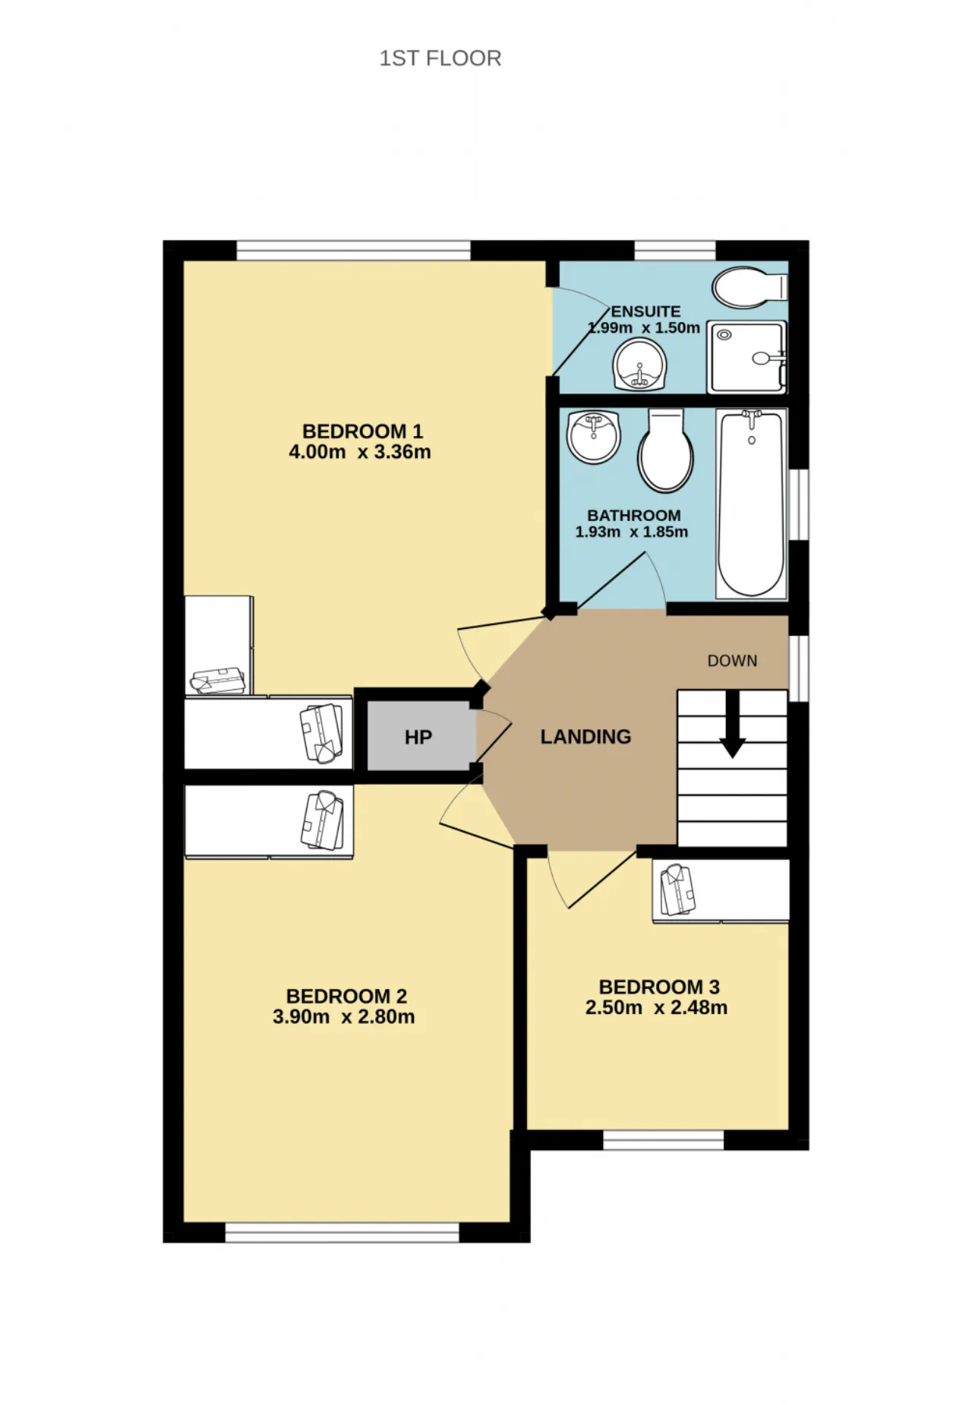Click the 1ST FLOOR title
(x=440, y=58)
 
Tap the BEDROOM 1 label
(x=362, y=431)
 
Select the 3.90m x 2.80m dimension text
(x=344, y=1017)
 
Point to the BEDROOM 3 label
(x=659, y=987)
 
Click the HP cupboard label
(x=418, y=738)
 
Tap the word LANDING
(x=585, y=737)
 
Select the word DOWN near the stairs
(x=733, y=661)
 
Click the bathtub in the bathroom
(x=751, y=504)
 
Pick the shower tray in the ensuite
(x=747, y=357)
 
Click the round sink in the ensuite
(x=639, y=365)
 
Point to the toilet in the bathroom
(x=666, y=450)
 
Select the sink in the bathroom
(x=594, y=436)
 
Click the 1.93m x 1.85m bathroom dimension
(x=632, y=532)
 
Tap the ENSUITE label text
(x=645, y=311)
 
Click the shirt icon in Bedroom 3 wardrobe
(x=677, y=889)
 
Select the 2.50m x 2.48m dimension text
(x=656, y=1008)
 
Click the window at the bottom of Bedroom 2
(x=342, y=1233)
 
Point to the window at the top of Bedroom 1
(x=354, y=251)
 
